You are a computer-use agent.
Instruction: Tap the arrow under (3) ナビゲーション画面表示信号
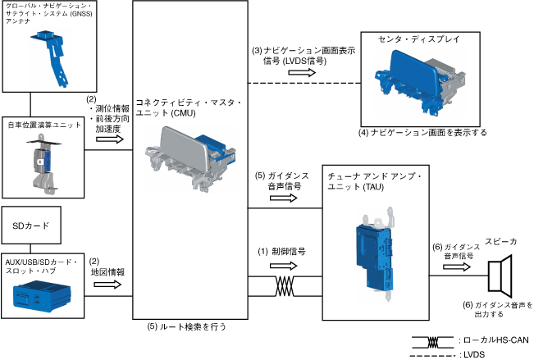(x=303, y=71)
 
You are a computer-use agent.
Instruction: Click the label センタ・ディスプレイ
(x=415, y=39)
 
